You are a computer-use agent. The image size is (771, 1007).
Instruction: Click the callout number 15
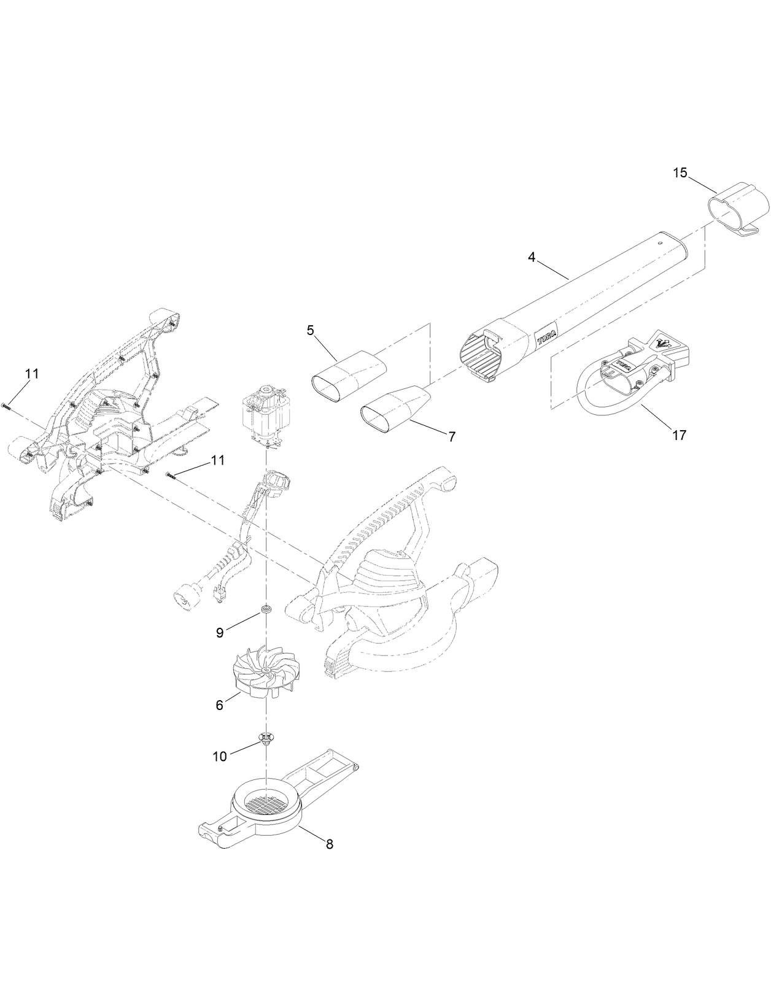(680, 172)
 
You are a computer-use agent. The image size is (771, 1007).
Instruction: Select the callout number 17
(679, 435)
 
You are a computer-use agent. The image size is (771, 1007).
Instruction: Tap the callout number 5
(310, 331)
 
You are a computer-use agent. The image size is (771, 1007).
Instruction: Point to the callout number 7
(452, 437)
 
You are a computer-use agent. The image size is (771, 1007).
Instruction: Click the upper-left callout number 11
(32, 374)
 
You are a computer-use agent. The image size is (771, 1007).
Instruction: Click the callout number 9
(220, 633)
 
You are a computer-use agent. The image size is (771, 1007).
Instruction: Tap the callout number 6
(219, 706)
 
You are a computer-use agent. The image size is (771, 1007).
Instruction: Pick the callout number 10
(220, 757)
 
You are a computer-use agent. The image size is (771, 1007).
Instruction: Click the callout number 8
(329, 844)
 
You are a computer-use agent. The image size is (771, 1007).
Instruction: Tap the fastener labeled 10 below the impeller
(266, 738)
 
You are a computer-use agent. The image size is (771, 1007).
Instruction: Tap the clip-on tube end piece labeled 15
(740, 207)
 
